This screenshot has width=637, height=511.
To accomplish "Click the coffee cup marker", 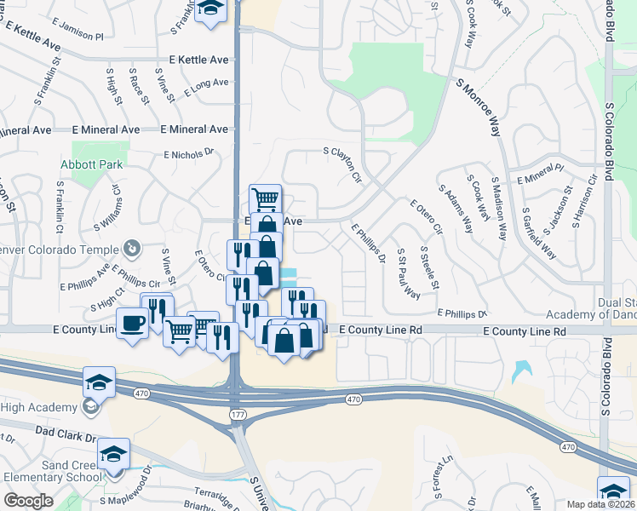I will coord(134,324).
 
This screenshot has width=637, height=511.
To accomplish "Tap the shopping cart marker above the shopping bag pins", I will coord(266,199).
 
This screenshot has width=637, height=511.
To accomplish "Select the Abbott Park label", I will coord(91,164).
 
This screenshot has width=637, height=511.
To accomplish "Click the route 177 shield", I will coord(237,413).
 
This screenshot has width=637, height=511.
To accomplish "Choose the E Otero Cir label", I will coord(427,216).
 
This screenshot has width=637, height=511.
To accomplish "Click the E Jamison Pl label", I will coord(76,37).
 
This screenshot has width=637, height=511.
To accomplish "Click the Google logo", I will coord(28,500).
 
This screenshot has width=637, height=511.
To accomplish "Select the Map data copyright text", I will coord(601,504).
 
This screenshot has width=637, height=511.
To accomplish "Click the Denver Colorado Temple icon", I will coord(131,248).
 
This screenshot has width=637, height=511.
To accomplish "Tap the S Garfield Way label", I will coord(539,233).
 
